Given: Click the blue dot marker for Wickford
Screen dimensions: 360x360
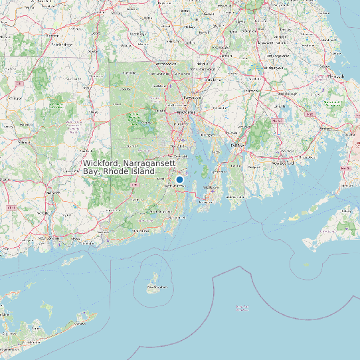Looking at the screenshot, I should click(179, 179).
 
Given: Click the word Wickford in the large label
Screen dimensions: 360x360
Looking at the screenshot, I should click(100, 163).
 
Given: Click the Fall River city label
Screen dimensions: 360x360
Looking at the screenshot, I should click(237, 144).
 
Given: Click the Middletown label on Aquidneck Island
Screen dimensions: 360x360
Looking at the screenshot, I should click(212, 188).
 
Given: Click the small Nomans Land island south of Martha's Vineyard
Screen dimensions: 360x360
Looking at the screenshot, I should click(306, 265).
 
